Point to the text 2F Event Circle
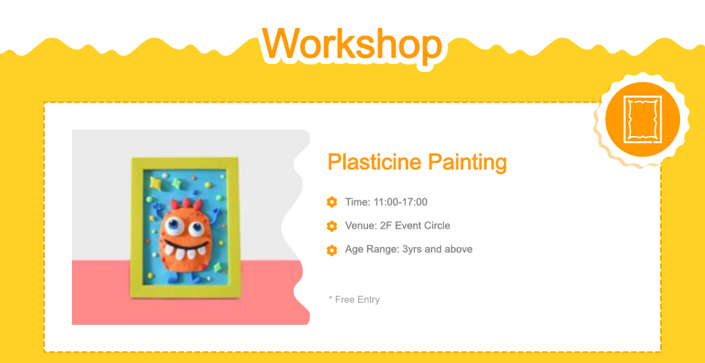click(x=414, y=226)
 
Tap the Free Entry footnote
click(x=354, y=300)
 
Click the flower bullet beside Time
click(x=332, y=202)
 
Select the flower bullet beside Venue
click(x=332, y=226)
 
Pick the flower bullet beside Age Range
click(x=332, y=250)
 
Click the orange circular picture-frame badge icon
click(x=643, y=120)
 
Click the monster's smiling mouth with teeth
click(x=186, y=251)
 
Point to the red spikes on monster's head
click(x=186, y=204)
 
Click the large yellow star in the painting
click(x=156, y=183)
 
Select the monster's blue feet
click(x=183, y=277)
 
